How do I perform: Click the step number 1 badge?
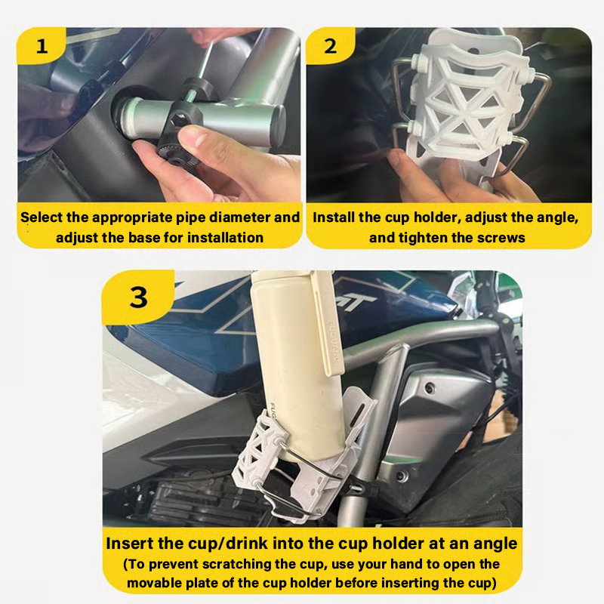pos(41,46)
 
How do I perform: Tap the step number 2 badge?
pos(331,46)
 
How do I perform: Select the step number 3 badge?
pos(139,297)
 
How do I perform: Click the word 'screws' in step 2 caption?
pos(504,237)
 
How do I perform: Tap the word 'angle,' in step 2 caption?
pos(557,217)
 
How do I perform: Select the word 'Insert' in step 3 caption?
pos(130,543)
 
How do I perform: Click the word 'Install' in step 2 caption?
pos(337,217)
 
